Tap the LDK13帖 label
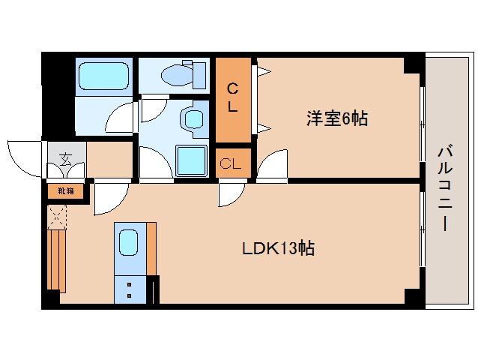pyautogui.click(x=276, y=247)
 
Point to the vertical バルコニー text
pyautogui.click(x=444, y=187)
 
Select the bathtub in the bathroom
pyautogui.click(x=104, y=76)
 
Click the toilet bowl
pyautogui.click(x=180, y=73)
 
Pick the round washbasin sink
pyautogui.click(x=194, y=119)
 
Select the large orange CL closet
pyautogui.click(x=233, y=99)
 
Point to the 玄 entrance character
pyautogui.click(x=66, y=158)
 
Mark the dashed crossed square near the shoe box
pyautogui.click(x=58, y=217)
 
